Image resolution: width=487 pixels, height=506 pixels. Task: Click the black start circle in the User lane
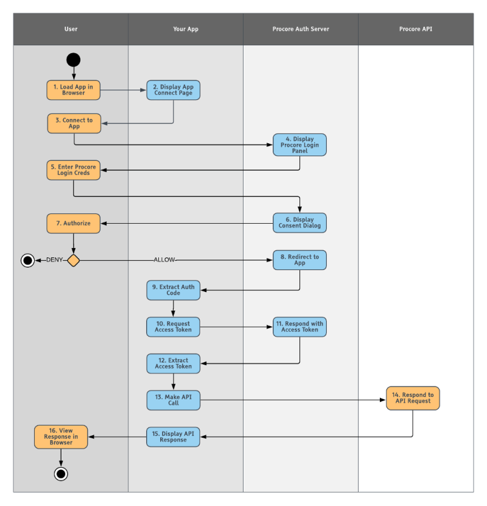(x=73, y=60)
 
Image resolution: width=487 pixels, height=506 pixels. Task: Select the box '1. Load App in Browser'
(x=73, y=90)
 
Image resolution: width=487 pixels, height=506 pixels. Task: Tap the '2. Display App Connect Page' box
(x=173, y=90)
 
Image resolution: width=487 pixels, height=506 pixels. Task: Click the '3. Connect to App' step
(x=74, y=123)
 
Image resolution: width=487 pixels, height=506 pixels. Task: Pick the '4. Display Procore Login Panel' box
(x=300, y=145)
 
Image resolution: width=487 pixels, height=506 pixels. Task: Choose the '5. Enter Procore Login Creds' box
(x=73, y=170)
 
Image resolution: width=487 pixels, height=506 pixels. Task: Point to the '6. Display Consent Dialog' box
(x=300, y=223)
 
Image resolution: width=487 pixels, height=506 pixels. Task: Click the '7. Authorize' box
(x=73, y=223)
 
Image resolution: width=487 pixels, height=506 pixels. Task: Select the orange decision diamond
(x=73, y=260)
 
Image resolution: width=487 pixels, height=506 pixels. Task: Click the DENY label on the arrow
(x=55, y=260)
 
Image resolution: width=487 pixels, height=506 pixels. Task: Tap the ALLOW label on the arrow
(x=164, y=260)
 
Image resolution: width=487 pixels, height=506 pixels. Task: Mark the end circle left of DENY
(x=27, y=260)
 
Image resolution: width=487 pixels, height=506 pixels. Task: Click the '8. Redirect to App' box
(x=300, y=260)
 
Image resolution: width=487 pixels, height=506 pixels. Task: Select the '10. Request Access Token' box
(x=173, y=327)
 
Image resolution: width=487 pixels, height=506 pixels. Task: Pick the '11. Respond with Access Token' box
(x=300, y=327)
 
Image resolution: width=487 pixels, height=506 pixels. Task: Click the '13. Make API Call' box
(x=173, y=400)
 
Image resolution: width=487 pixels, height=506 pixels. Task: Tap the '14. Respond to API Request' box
(x=413, y=398)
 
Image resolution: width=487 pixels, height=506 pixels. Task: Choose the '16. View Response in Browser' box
(x=61, y=437)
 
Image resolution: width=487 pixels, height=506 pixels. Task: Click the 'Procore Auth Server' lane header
(x=301, y=29)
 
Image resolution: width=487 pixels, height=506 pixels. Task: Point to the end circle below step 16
(x=60, y=474)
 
